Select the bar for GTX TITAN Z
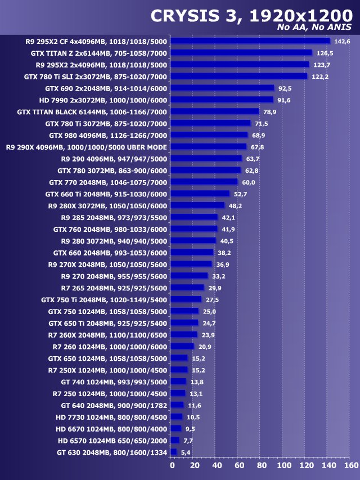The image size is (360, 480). (x=241, y=53)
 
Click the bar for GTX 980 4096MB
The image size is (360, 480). (x=209, y=135)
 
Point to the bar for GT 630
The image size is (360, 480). (x=173, y=452)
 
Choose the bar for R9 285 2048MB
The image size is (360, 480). (x=193, y=217)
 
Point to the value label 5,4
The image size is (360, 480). (x=186, y=452)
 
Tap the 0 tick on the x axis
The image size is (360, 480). (x=172, y=466)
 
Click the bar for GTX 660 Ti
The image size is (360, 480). (x=200, y=194)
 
